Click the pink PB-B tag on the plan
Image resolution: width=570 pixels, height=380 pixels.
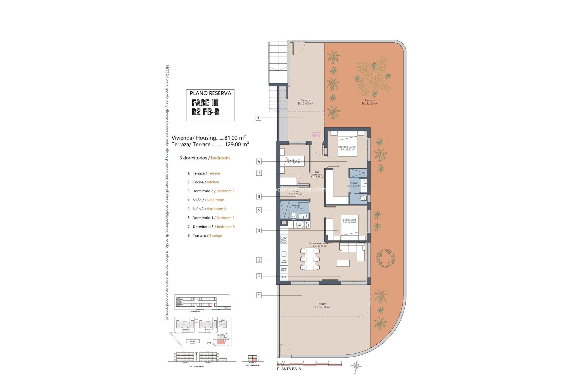click(x=316, y=135)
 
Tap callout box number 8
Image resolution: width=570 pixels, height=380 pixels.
click(x=259, y=196)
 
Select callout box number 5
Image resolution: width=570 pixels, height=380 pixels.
click(x=259, y=210)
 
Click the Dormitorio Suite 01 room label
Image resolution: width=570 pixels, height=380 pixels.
click(x=347, y=148)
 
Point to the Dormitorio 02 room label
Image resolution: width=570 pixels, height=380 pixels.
click(x=349, y=221)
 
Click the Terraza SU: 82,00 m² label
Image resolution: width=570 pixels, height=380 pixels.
click(x=369, y=102)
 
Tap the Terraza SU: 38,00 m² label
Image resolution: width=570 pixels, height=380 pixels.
click(x=322, y=305)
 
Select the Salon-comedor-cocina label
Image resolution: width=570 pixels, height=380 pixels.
click(x=319, y=245)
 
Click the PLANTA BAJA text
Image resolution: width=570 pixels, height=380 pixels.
click(x=289, y=369)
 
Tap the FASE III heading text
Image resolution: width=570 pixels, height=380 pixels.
click(x=205, y=103)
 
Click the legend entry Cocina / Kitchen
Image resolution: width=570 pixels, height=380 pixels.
click(x=205, y=182)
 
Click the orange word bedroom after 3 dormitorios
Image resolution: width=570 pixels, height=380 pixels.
click(x=220, y=158)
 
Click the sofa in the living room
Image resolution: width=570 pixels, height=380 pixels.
click(x=353, y=251)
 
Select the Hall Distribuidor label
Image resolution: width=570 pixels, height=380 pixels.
click(x=317, y=175)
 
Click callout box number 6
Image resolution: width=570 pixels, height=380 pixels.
click(x=259, y=161)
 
